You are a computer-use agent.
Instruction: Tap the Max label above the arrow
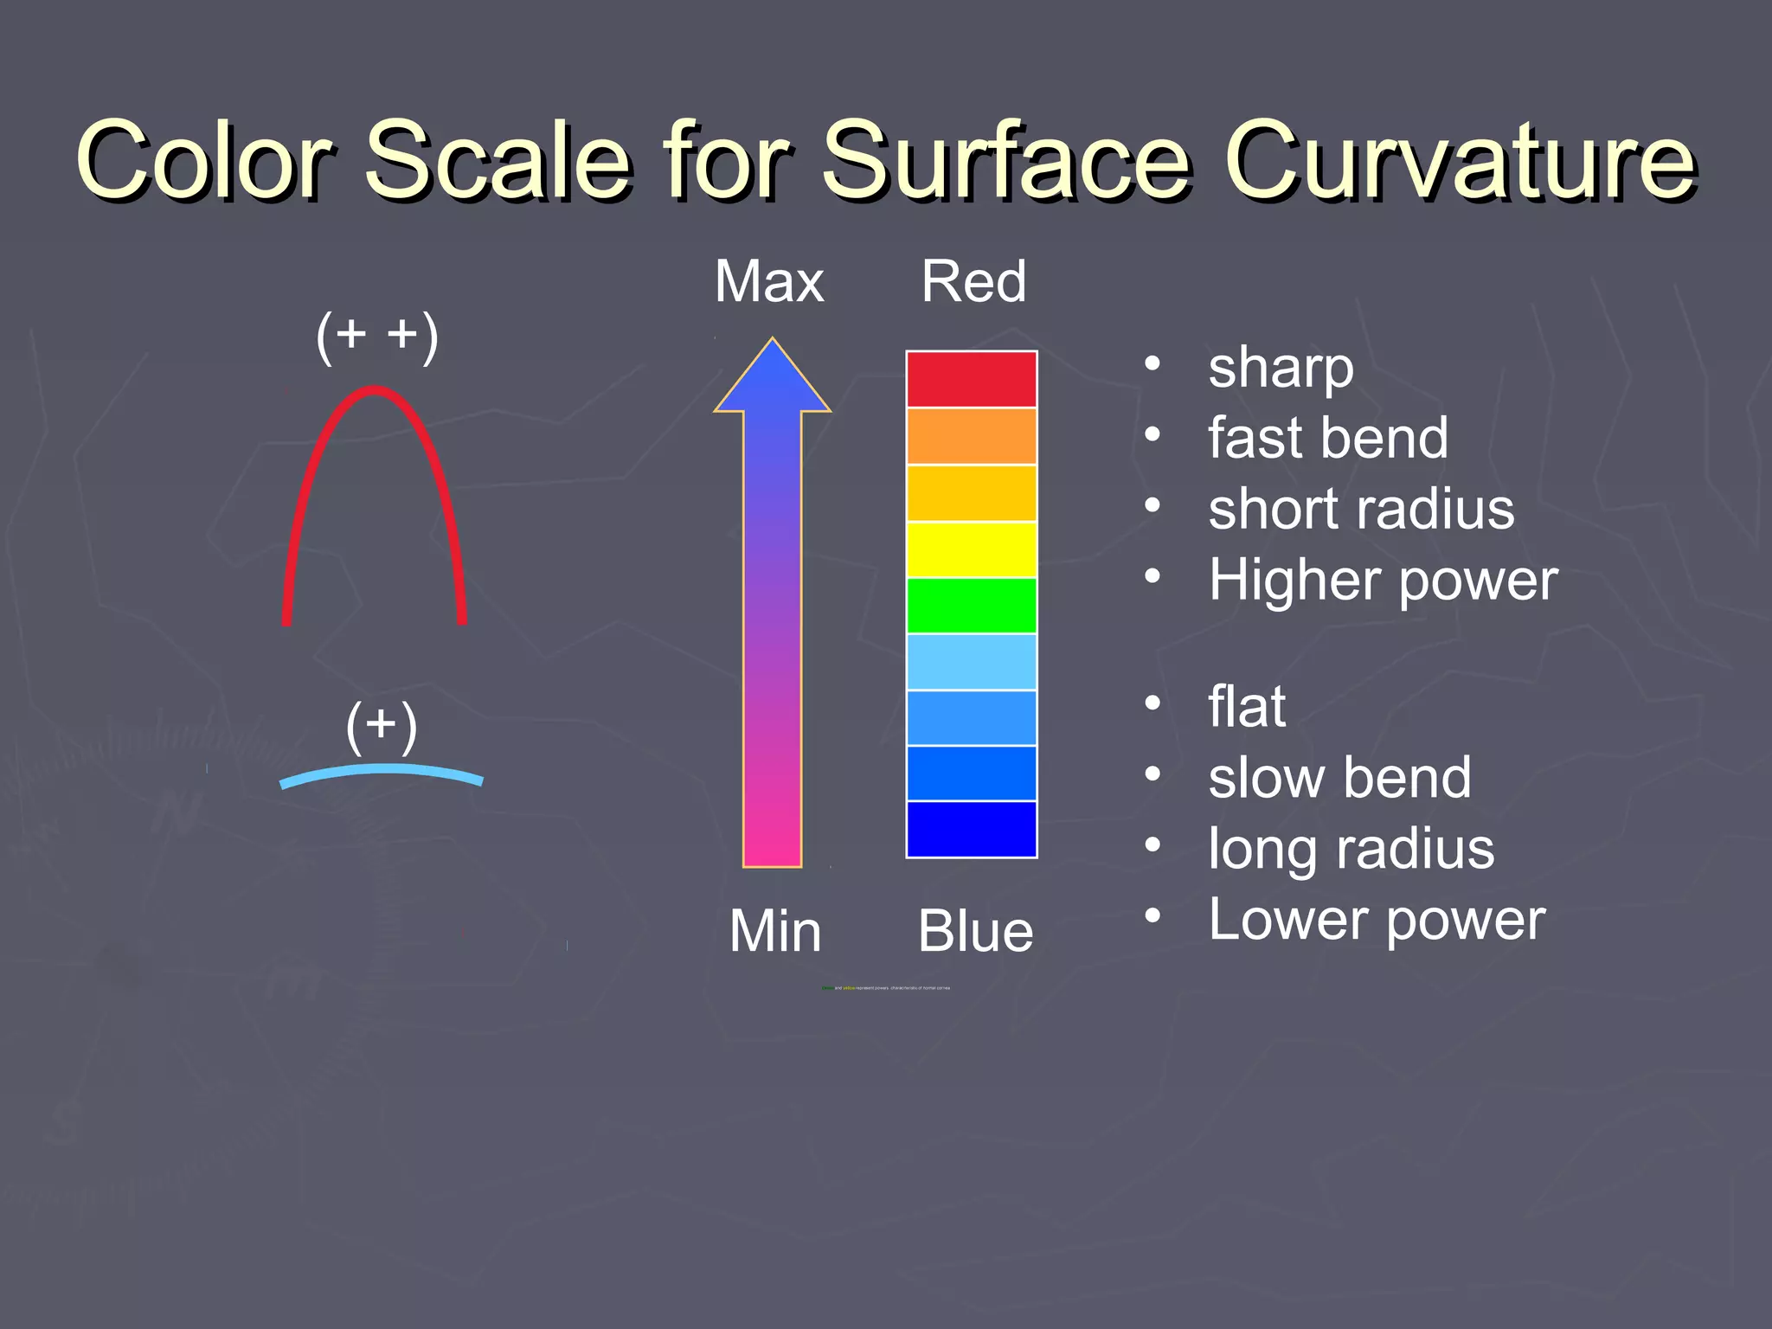pyautogui.click(x=769, y=282)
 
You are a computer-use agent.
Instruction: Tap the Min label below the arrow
pyautogui.click(x=774, y=932)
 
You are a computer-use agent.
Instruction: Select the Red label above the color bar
pyautogui.click(x=973, y=282)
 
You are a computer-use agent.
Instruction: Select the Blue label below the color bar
pyautogui.click(x=975, y=932)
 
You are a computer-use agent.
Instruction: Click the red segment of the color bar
pyautogui.click(x=971, y=379)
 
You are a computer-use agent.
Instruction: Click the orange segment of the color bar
pyautogui.click(x=971, y=436)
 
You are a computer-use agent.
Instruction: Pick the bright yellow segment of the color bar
pyautogui.click(x=971, y=549)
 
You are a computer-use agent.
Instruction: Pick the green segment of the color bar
pyautogui.click(x=971, y=606)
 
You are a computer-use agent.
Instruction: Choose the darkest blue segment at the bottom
pyautogui.click(x=971, y=829)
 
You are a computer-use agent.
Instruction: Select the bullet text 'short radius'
pyautogui.click(x=1360, y=509)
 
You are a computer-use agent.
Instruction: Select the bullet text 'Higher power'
pyautogui.click(x=1383, y=580)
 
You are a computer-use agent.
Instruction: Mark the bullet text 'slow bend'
pyautogui.click(x=1339, y=778)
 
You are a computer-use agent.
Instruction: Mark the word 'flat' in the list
pyautogui.click(x=1246, y=707)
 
